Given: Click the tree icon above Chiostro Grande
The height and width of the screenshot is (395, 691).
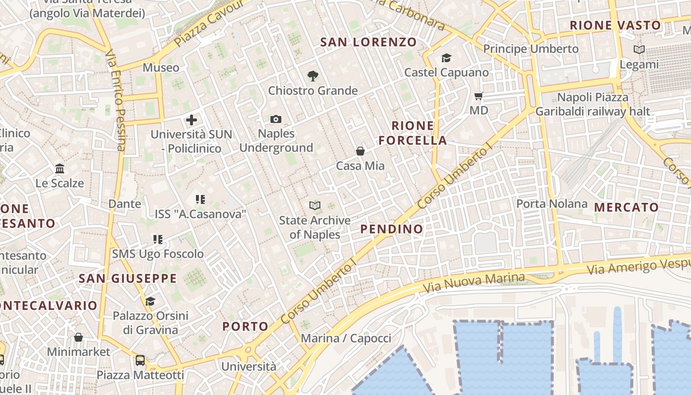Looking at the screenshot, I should [x=312, y=76].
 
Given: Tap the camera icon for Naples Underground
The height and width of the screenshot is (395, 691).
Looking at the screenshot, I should [x=276, y=119].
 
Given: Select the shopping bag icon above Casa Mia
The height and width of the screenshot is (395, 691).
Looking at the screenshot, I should [x=360, y=151].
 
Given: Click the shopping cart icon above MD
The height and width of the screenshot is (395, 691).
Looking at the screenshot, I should [x=478, y=96].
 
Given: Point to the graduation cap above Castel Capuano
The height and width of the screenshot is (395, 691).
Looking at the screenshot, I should [x=446, y=58].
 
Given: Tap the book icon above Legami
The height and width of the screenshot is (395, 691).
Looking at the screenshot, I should [x=639, y=49].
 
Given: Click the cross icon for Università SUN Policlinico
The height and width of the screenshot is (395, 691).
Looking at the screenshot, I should [x=192, y=119].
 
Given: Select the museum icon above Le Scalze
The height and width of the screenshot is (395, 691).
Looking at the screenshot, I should [x=60, y=169].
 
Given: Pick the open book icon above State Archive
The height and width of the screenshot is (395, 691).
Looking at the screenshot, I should [x=314, y=205].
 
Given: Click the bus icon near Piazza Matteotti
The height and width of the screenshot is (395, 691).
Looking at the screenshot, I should [x=140, y=360].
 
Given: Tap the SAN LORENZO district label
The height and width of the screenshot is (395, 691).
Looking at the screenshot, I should [x=368, y=42].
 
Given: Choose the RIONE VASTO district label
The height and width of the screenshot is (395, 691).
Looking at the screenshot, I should [x=615, y=26].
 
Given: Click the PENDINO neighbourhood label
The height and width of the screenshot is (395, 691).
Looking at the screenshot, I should [x=391, y=229].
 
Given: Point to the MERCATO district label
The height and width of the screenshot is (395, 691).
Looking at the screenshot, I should [x=626, y=207].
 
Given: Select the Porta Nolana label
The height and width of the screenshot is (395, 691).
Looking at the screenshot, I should [x=551, y=203].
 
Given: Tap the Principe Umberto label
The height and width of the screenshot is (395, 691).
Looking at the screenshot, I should [x=531, y=49].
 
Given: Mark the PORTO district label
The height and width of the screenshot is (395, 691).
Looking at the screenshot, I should [x=245, y=326].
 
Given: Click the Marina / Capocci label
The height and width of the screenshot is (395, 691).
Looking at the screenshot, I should [x=345, y=338].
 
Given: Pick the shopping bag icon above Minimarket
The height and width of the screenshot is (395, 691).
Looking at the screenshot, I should [x=78, y=337].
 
